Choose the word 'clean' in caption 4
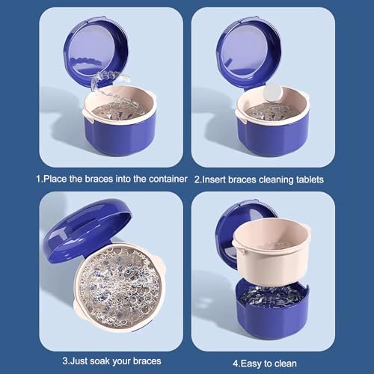(292, 361)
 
